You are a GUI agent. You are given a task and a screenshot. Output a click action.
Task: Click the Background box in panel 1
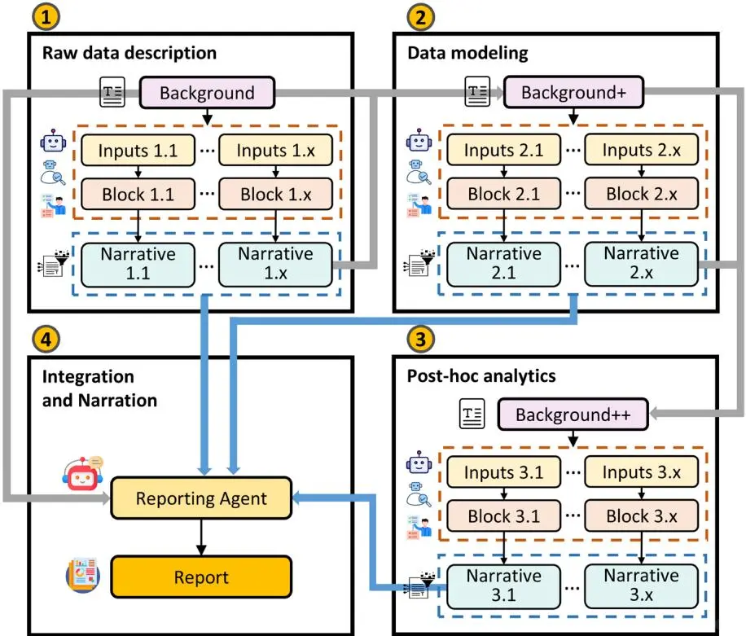[x=207, y=93]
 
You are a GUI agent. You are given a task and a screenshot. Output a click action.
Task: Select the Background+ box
[x=573, y=93]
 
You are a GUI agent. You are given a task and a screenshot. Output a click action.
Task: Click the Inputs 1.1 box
[x=137, y=151]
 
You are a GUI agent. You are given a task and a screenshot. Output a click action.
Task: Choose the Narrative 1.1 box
[x=137, y=264]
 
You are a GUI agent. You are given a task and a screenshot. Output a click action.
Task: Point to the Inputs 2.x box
[x=643, y=151]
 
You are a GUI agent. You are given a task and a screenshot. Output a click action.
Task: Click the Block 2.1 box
[x=502, y=195]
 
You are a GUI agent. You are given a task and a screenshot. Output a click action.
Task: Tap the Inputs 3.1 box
[x=502, y=472]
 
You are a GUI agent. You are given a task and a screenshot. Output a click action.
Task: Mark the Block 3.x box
[x=643, y=515]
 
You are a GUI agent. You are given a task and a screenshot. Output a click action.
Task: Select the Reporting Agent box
[x=200, y=498]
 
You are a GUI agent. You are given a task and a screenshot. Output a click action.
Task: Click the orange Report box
[x=200, y=577]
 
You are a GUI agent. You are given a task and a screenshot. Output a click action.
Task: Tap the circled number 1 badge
[x=42, y=16]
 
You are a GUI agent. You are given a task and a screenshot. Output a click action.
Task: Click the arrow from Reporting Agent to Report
[x=200, y=537]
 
